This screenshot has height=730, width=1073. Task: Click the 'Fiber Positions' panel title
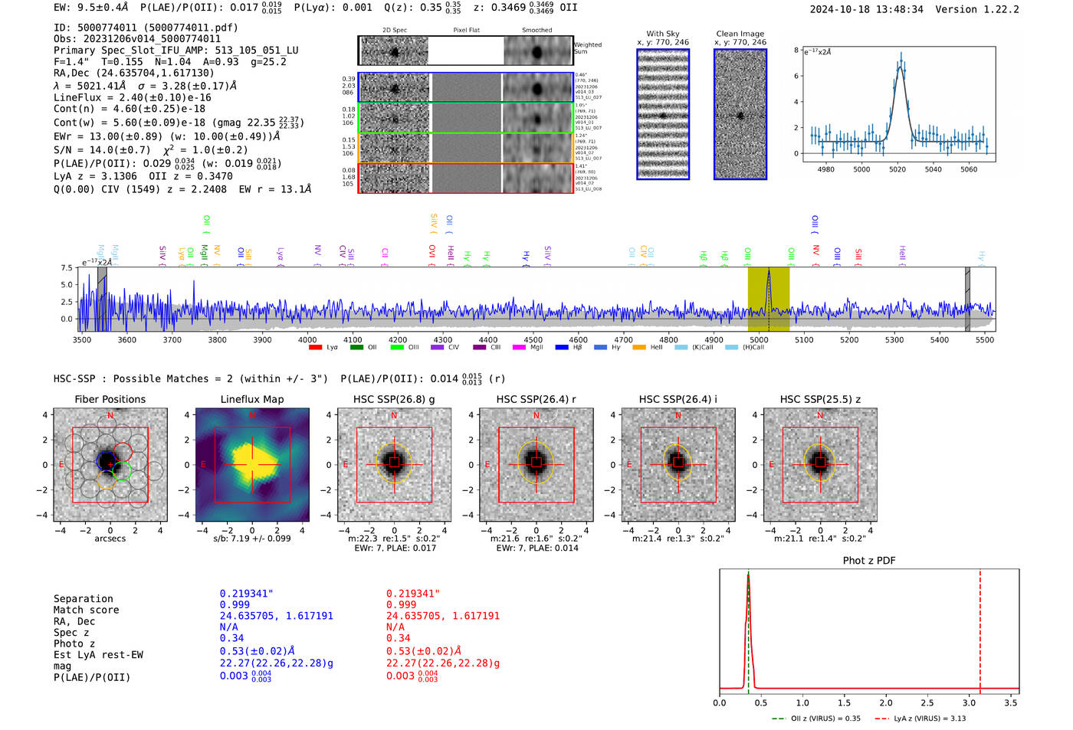click(110, 399)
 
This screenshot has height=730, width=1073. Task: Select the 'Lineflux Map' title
click(251, 399)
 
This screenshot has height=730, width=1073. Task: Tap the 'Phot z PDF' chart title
click(869, 561)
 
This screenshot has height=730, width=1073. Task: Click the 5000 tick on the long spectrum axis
click(759, 339)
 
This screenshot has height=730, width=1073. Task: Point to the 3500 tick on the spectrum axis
click(82, 339)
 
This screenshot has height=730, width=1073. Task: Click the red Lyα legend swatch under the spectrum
click(315, 348)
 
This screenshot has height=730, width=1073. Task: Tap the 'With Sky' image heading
click(663, 34)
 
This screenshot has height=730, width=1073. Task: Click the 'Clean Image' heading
click(740, 34)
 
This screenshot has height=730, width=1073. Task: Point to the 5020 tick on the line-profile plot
click(897, 169)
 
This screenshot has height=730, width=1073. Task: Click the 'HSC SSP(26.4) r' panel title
click(536, 399)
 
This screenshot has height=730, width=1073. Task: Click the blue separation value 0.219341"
click(247, 594)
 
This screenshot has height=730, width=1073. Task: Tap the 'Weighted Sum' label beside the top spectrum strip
click(588, 47)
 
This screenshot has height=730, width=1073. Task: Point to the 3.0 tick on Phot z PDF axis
click(970, 702)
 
